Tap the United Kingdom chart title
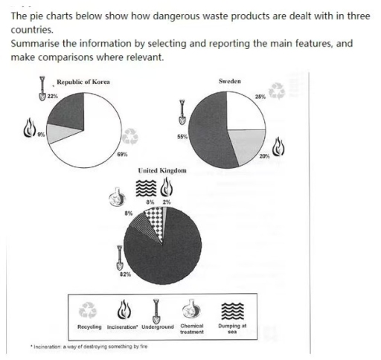pyautogui.click(x=162, y=172)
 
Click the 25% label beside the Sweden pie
pyautogui.click(x=259, y=97)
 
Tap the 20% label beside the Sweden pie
pyautogui.click(x=264, y=155)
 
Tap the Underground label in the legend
pyautogui.click(x=156, y=327)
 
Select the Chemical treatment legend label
pyautogui.click(x=192, y=329)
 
